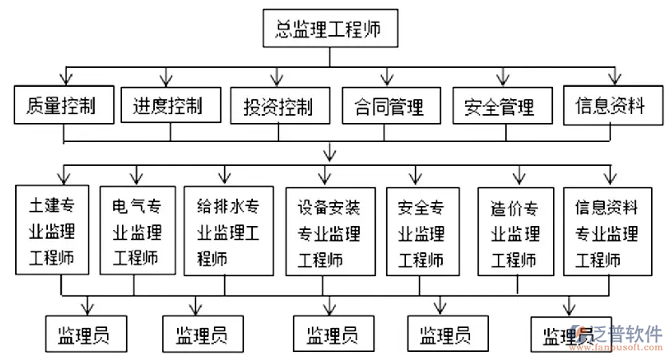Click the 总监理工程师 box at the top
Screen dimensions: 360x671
pyautogui.click(x=328, y=30)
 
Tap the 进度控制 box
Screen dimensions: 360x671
pyautogui.click(x=168, y=106)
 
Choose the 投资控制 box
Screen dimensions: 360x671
pyautogui.click(x=277, y=106)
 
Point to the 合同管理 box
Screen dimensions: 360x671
pyautogui.click(x=388, y=106)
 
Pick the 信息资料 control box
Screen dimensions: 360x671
pyautogui.click(x=610, y=105)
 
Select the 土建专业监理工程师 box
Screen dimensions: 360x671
pyautogui.click(x=51, y=231)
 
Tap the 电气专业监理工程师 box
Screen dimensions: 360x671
pyautogui.click(x=136, y=231)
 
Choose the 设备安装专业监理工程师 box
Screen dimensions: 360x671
pyautogui.click(x=328, y=231)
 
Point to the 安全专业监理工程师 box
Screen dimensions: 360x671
pyautogui.click(x=422, y=231)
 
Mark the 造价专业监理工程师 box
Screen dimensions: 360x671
pyautogui.click(x=515, y=231)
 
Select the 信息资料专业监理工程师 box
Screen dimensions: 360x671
pyautogui.click(x=607, y=231)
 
